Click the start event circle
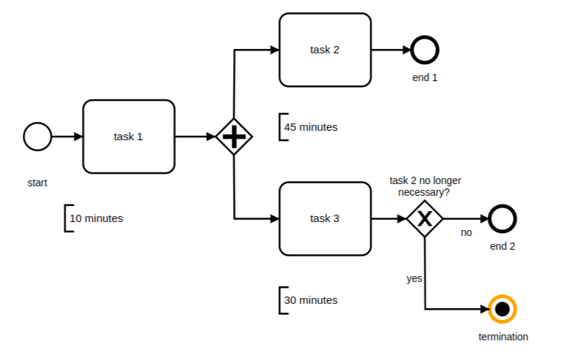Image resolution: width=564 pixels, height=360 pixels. tap(37, 137)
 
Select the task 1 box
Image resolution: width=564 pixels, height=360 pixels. tap(129, 137)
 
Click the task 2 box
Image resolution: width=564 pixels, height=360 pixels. tap(325, 50)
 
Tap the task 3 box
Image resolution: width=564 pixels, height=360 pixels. tap(325, 218)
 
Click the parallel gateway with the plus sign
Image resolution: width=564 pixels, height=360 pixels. tap(233, 137)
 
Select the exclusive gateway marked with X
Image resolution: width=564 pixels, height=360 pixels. tap(425, 218)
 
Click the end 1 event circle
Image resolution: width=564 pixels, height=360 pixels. tap(424, 50)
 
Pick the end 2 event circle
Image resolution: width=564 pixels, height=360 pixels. tap(503, 218)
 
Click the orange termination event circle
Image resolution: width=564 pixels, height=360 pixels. tap(502, 310)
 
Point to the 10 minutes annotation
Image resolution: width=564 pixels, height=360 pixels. tap(95, 218)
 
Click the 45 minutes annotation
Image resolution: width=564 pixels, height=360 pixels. tap(310, 127)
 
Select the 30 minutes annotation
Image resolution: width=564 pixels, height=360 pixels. tap(310, 300)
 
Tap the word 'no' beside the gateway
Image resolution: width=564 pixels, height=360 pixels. tap(466, 233)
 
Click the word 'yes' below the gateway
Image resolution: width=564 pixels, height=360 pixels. tap(414, 279)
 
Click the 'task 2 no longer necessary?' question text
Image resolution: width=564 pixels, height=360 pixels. tap(425, 186)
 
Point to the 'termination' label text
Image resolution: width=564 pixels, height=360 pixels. tap(503, 337)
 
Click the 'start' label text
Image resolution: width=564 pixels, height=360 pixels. tap(37, 183)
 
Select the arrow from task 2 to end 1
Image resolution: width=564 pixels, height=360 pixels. tap(391, 50)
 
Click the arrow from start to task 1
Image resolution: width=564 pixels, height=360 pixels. tap(67, 137)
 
